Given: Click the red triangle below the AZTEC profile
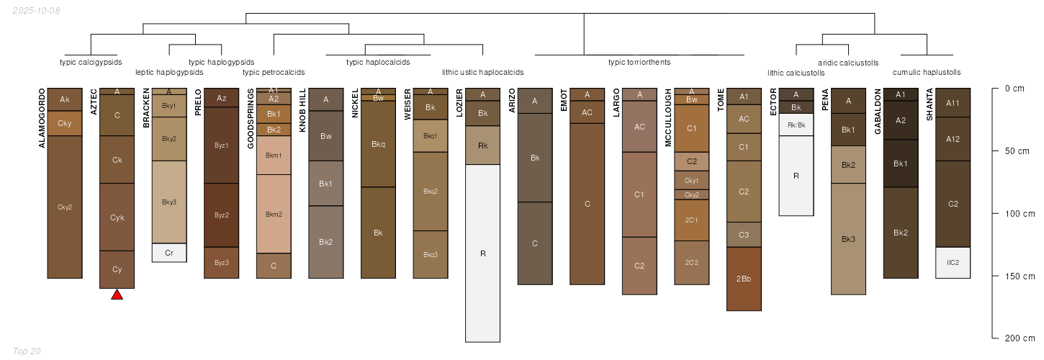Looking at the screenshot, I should coord(117,294).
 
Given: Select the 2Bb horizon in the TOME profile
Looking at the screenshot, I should coord(744,279).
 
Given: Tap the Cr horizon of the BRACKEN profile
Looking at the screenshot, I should coord(169,253).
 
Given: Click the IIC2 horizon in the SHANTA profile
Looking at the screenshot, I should coord(953,263).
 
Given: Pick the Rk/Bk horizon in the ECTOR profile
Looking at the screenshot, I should coord(796,125).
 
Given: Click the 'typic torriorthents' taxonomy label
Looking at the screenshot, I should coord(639,62).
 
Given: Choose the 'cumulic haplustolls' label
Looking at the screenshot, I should coord(927,72).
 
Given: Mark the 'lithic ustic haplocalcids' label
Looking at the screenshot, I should coord(482,72).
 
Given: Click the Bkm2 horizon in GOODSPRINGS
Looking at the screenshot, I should coord(274,214).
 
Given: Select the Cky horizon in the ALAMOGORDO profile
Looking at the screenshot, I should coord(65,123).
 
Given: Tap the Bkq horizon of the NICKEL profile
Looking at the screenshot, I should coord(378,144).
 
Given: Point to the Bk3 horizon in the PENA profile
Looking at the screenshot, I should coord(848,239).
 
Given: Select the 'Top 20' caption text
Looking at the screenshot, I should coord(27,351).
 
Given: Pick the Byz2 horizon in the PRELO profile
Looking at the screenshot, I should coord(222,215).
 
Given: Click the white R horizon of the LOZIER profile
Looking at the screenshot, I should coord(482,253).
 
